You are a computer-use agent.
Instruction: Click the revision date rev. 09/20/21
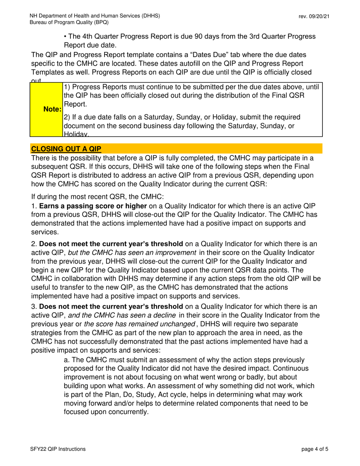(x=313, y=16)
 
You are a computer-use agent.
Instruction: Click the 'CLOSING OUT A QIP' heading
(x=66, y=149)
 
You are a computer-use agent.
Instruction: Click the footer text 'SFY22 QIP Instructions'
(x=58, y=449)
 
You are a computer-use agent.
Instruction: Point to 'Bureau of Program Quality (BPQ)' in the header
(x=70, y=22)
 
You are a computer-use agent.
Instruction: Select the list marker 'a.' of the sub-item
(x=67, y=360)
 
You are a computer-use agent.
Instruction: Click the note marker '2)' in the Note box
(x=66, y=116)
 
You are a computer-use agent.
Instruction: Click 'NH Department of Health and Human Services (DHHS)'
(x=95, y=16)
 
